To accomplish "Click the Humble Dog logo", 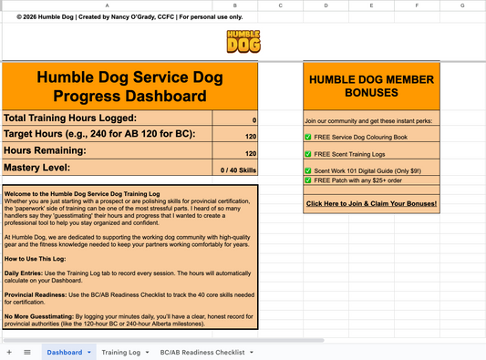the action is pos(243,43).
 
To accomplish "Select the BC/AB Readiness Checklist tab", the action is pos(202,351).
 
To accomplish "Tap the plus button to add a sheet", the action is pos(9,351).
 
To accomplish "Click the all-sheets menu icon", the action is pos(26,351).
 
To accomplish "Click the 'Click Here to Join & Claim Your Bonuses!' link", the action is pos(371,203).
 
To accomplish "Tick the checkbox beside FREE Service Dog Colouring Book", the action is pos(308,138).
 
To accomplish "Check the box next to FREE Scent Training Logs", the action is pos(308,153).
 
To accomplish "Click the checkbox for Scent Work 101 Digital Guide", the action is pos(308,170).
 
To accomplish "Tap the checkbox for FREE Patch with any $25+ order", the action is pos(308,180).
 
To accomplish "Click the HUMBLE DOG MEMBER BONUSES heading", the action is pos(371,87).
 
